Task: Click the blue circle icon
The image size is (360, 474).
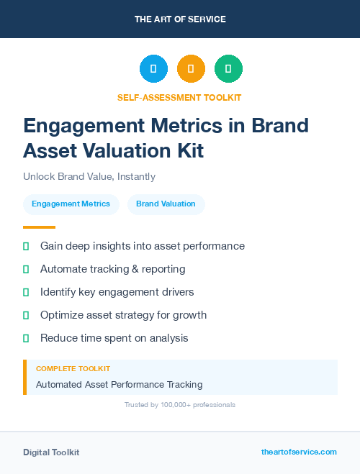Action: [153, 69]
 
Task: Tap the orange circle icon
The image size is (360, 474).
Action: [191, 69]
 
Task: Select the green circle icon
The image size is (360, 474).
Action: [228, 69]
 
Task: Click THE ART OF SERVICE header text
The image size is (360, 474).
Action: [180, 19]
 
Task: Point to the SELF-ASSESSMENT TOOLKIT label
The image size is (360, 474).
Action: [179, 97]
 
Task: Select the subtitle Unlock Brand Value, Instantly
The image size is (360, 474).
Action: [89, 176]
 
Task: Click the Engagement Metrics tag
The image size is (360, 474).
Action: [71, 204]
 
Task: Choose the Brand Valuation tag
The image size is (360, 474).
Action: [166, 204]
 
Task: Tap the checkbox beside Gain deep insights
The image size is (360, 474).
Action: [26, 246]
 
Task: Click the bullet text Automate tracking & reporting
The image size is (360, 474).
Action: [112, 269]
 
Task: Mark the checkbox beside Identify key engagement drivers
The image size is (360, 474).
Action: [26, 292]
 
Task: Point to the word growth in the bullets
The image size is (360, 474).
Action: [190, 315]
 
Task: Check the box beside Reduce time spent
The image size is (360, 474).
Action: [26, 338]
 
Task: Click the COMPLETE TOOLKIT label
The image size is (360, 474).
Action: [73, 368]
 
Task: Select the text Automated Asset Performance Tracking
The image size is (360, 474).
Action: [119, 384]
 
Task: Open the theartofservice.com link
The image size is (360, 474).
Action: [299, 452]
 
